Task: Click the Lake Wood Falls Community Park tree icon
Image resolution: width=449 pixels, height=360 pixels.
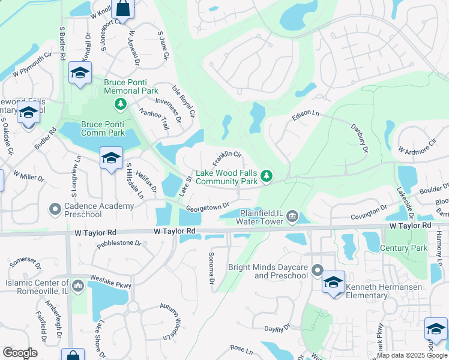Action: (x=268, y=176)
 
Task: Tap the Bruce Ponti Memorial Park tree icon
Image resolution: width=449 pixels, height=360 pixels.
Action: (x=121, y=104)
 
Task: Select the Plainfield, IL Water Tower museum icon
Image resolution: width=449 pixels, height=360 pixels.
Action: (x=292, y=215)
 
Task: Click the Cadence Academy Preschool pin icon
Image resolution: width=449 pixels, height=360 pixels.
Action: (x=55, y=209)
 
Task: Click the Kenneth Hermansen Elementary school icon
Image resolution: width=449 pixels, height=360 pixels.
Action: (x=333, y=283)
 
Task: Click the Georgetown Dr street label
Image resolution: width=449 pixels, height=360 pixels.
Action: (x=208, y=206)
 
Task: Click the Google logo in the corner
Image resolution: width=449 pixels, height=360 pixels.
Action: (x=20, y=352)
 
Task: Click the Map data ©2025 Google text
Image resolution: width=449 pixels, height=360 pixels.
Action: (x=412, y=355)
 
